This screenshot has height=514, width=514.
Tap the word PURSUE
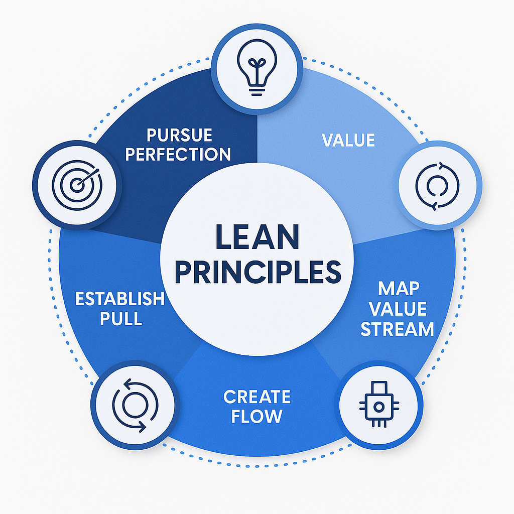point(179,135)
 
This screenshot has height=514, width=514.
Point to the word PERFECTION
point(178,154)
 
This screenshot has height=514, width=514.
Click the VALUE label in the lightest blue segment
point(348,140)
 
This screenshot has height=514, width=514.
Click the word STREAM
point(397,329)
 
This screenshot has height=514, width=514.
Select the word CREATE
point(257,397)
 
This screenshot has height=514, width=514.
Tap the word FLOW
point(257,416)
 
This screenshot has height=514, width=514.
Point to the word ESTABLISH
point(119,299)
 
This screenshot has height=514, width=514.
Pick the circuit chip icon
point(380,406)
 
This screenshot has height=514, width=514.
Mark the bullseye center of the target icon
point(76,185)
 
